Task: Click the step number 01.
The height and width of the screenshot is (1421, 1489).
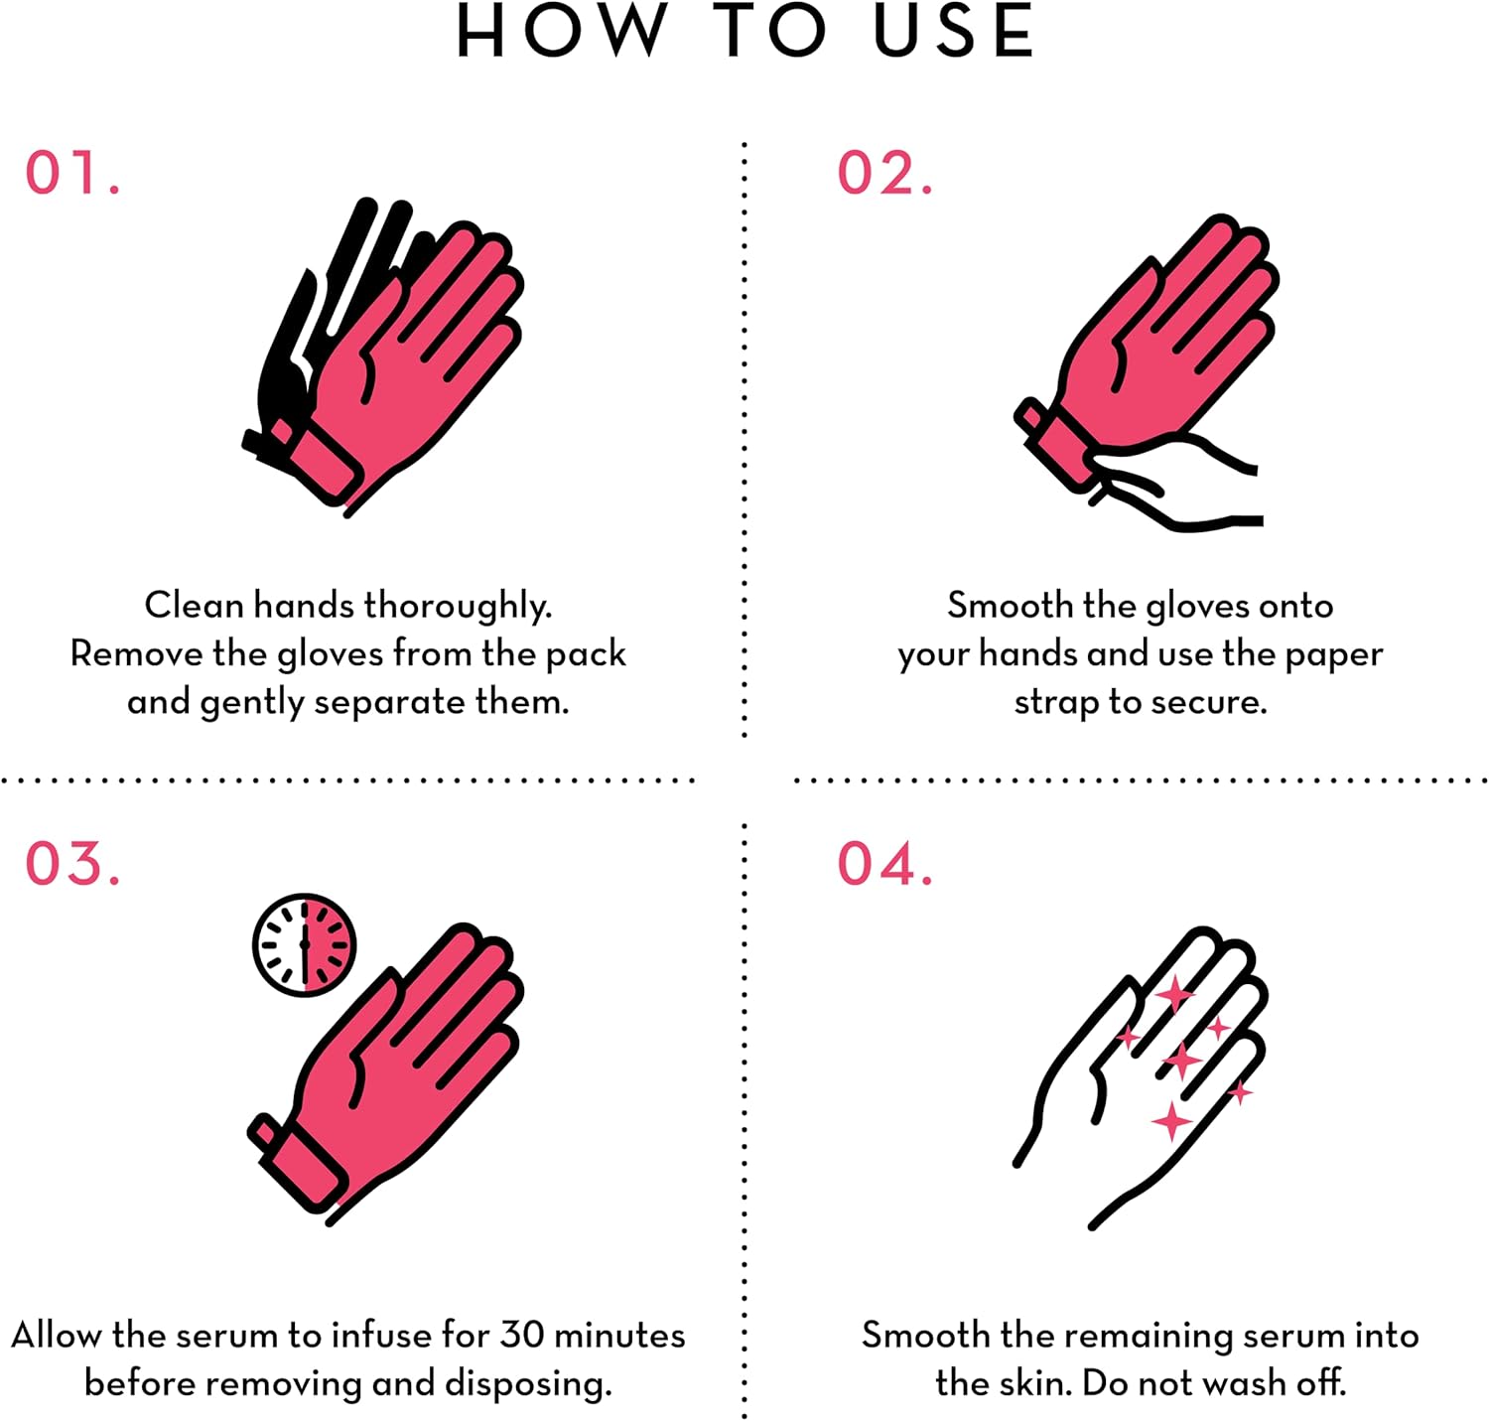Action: click(72, 173)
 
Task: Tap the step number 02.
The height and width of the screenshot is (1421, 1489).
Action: click(884, 173)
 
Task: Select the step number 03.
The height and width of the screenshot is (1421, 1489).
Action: click(72, 863)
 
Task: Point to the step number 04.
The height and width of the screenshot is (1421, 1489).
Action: click(884, 863)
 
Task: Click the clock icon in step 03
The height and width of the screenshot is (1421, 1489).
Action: click(304, 944)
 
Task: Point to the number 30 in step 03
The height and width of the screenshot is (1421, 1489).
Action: click(522, 1335)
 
